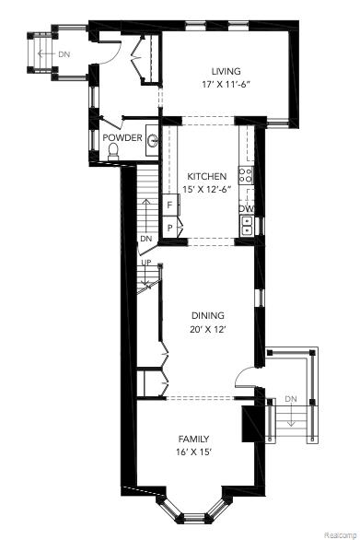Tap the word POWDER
pyautogui.click(x=122, y=138)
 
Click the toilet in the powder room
pyautogui.click(x=113, y=155)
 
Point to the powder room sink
pyautogui.click(x=152, y=141)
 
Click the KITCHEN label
pyautogui.click(x=208, y=176)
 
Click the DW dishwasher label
pyautogui.click(x=246, y=209)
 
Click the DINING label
pyautogui.click(x=207, y=315)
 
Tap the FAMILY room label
pyautogui.click(x=193, y=439)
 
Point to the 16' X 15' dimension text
pyautogui.click(x=193, y=452)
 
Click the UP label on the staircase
pyautogui.click(x=145, y=263)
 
